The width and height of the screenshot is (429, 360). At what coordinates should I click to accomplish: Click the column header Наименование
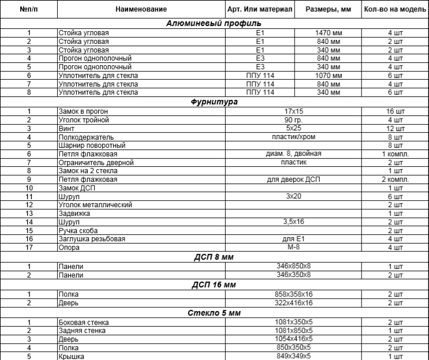pos(141,10)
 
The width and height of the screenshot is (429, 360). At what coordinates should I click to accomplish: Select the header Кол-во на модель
pos(394,10)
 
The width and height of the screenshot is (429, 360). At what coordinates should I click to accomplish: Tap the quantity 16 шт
pos(396,111)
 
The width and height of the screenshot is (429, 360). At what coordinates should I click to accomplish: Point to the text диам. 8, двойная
pos(294,153)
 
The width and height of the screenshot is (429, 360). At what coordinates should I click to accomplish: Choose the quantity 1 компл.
pos(396,154)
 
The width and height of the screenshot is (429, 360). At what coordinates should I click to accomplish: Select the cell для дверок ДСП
pos(294,179)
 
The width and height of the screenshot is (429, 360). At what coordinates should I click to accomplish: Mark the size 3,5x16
pos(294,222)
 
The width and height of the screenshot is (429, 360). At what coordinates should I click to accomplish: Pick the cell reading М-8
pos(294,246)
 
